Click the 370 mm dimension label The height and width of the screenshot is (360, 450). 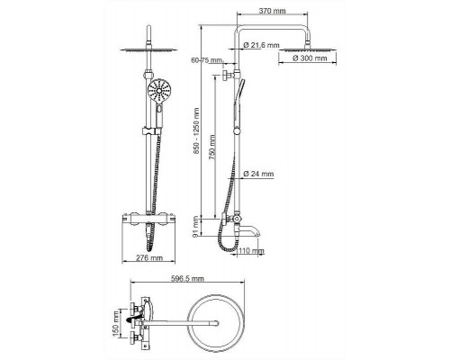(x=272, y=11)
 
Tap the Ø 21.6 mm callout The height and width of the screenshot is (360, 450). (x=261, y=45)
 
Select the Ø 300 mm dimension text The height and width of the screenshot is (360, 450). (x=310, y=58)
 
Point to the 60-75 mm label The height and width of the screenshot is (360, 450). (x=207, y=60)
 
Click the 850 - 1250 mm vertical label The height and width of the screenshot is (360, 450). (x=196, y=131)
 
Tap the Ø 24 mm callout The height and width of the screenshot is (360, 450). (x=258, y=174)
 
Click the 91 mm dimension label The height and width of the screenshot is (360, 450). (x=196, y=227)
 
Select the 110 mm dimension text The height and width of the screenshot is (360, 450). (x=251, y=250)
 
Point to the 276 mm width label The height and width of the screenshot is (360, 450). (x=149, y=257)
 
